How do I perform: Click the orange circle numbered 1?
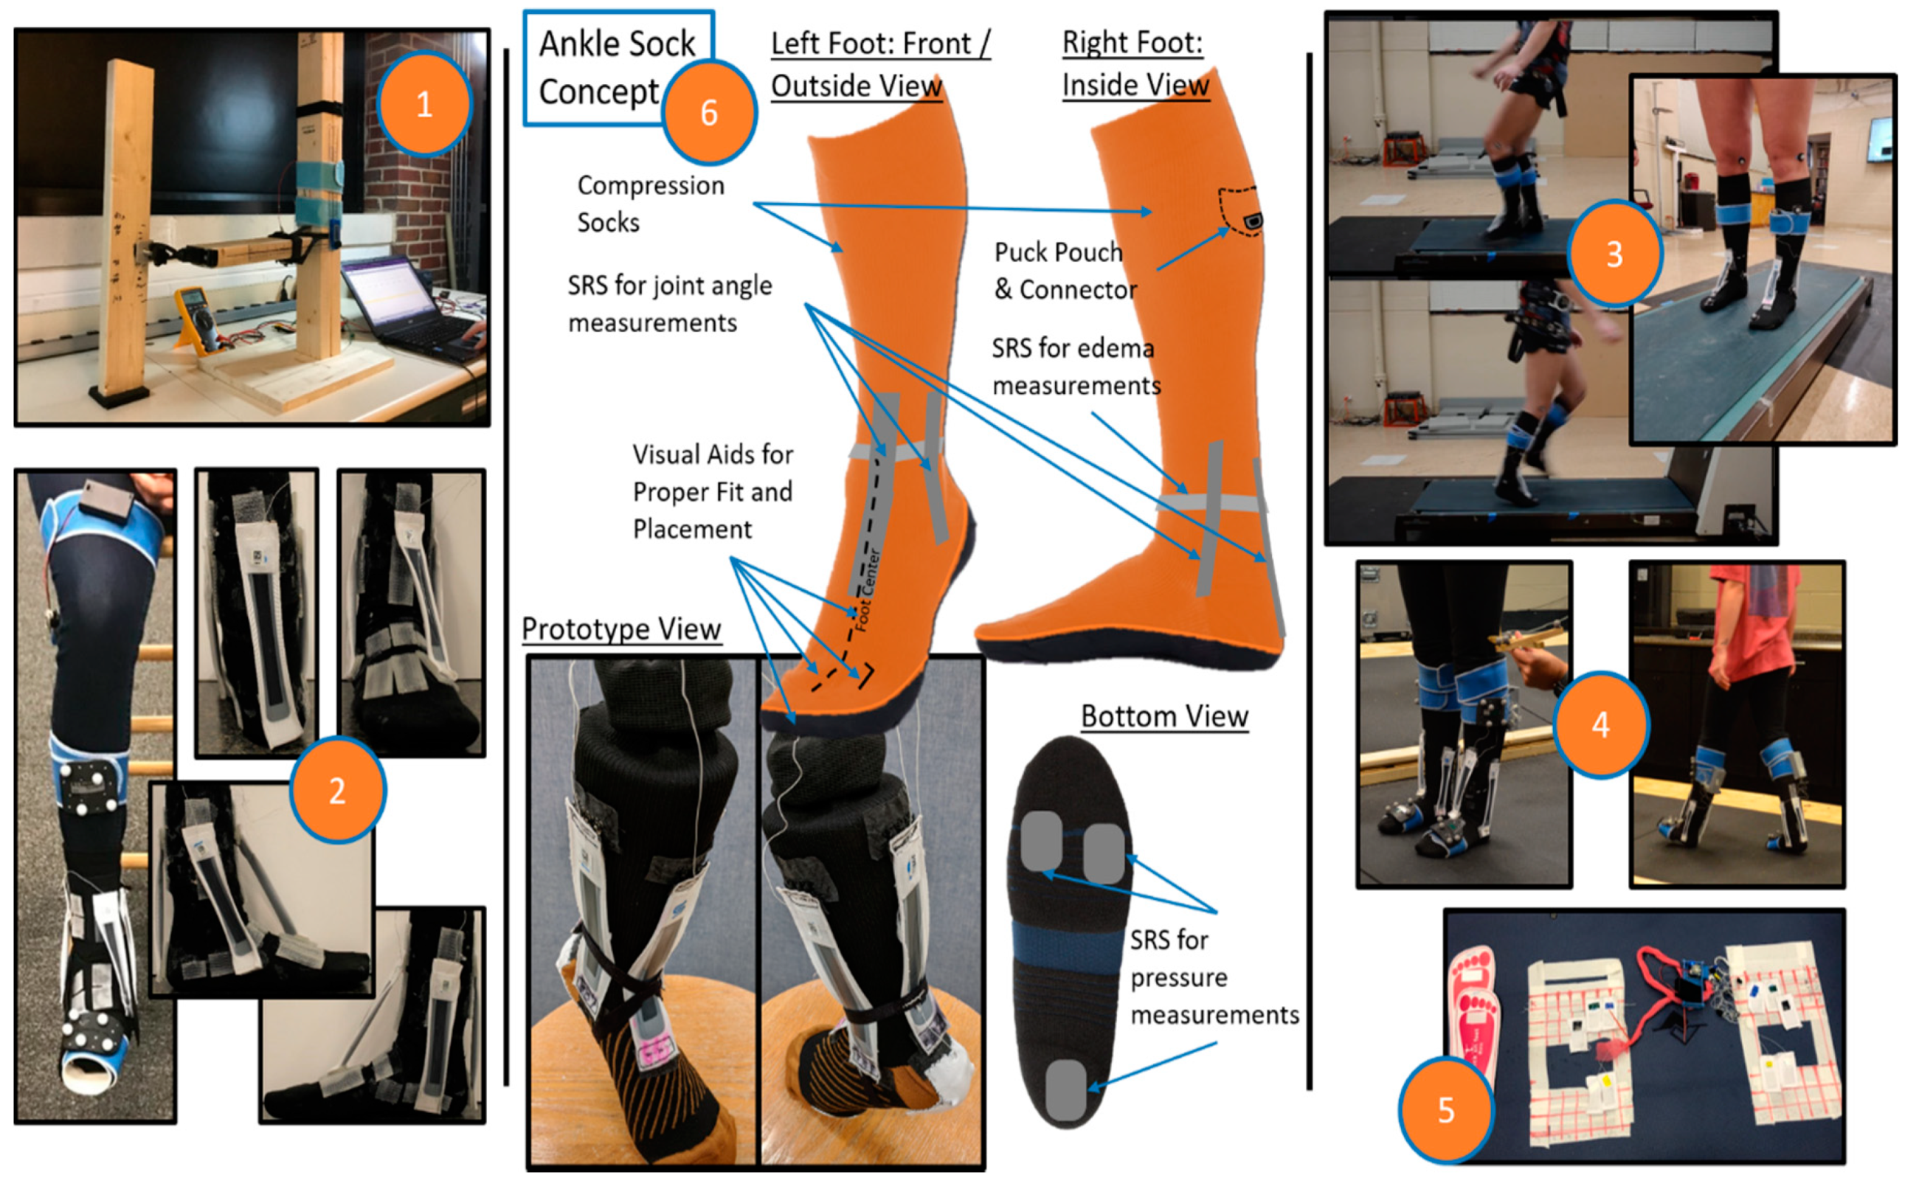[424, 104]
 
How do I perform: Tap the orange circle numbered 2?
[337, 790]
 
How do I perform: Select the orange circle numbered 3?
[1615, 253]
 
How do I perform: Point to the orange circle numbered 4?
[1600, 724]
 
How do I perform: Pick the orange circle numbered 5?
[1446, 1110]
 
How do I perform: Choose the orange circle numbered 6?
[709, 112]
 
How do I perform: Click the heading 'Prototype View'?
[621, 629]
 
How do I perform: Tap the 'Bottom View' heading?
[1164, 715]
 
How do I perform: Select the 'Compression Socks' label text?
[651, 204]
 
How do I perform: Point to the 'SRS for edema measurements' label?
[1076, 367]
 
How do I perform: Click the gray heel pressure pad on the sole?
[1066, 1090]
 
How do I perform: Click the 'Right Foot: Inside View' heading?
[1135, 63]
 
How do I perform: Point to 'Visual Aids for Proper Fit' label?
[713, 473]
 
